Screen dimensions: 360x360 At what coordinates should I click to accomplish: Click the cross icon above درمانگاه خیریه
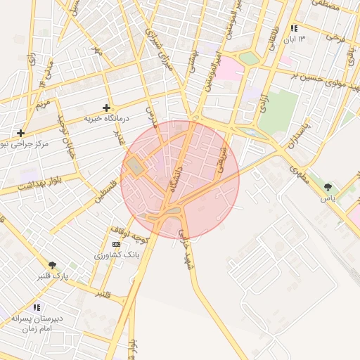coord(106,108)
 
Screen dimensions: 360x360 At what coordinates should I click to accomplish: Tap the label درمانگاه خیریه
coord(103,119)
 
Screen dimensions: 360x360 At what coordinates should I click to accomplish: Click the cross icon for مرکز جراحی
coord(21,132)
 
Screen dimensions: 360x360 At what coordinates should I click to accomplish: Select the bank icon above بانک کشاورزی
coord(116,243)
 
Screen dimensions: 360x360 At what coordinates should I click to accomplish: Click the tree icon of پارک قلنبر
coord(52,265)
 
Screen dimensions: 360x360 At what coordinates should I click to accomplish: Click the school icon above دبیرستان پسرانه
coord(37,307)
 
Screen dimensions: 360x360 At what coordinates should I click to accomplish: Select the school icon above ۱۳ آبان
coord(293,28)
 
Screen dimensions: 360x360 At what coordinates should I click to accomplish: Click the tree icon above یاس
coord(328,187)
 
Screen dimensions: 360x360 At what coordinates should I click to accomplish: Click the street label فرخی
coord(335,36)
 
